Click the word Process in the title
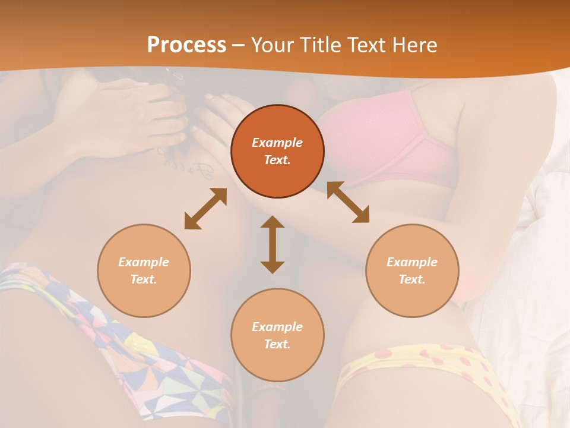[x=186, y=45]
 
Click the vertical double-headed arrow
[x=273, y=244]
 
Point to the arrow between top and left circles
[x=205, y=208]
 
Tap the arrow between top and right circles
[x=348, y=202]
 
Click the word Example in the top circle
[x=277, y=143]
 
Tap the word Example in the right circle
[x=412, y=262]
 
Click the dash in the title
[x=239, y=45]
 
